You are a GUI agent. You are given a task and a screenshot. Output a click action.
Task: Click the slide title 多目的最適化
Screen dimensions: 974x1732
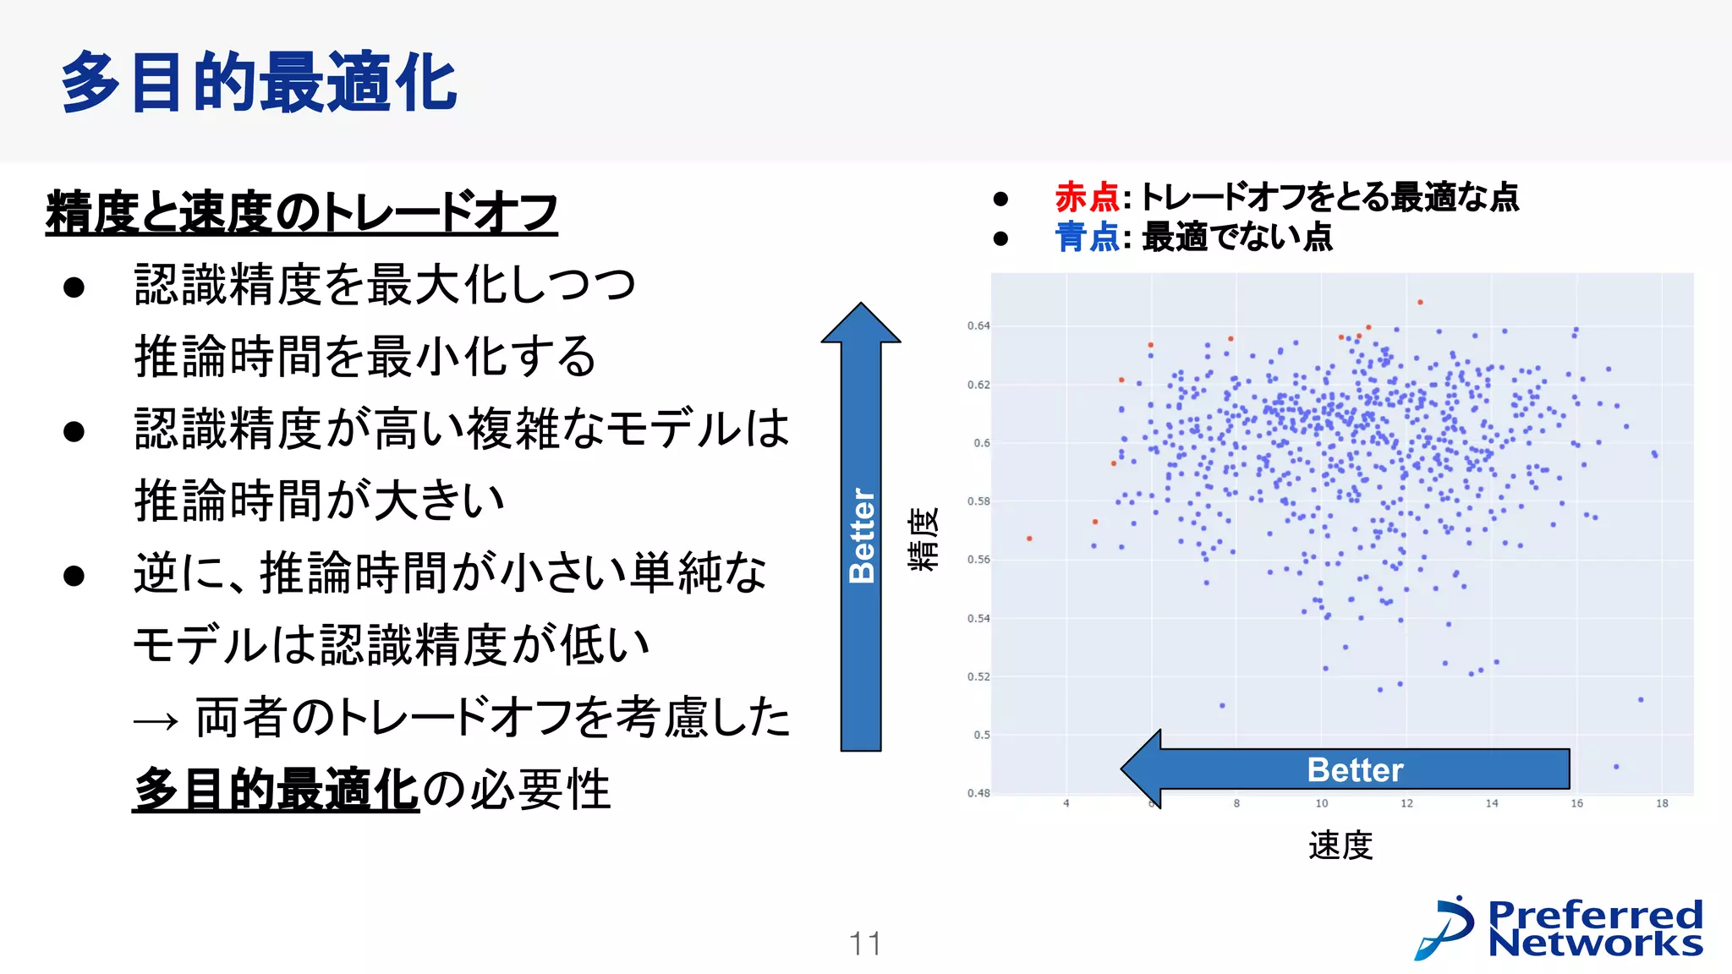coord(259,82)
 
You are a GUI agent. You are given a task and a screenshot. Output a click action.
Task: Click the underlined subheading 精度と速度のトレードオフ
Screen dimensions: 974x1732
coord(301,211)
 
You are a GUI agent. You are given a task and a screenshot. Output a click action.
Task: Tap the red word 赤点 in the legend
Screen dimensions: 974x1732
coord(1087,197)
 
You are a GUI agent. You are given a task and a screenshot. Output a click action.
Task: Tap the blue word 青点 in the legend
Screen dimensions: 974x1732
coord(1087,238)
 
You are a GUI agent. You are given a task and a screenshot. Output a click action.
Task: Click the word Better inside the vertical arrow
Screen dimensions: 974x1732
coord(861,536)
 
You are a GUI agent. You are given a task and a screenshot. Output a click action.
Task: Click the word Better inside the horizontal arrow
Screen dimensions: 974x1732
coord(1355,769)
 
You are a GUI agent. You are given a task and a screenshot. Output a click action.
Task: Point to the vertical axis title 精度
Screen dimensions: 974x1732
coord(923,539)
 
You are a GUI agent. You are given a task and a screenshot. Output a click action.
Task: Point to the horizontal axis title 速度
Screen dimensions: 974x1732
coord(1340,845)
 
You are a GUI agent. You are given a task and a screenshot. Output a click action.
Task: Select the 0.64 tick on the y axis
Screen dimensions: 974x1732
coord(978,326)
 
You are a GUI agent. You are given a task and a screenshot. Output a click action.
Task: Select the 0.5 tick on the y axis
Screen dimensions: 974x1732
coord(981,735)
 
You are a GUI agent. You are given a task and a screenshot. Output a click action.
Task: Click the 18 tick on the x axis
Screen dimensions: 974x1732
coord(1662,803)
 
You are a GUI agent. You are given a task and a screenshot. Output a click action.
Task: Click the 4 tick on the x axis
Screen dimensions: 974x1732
coord(1066,803)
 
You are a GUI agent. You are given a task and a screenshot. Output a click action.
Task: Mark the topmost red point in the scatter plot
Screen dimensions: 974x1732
coord(1420,302)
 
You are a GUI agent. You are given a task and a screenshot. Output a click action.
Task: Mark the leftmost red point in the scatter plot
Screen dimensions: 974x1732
coord(1029,539)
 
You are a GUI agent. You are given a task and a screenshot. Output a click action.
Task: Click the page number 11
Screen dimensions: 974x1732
coord(864,944)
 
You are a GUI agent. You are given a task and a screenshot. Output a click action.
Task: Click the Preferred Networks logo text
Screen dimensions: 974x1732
coord(1594,928)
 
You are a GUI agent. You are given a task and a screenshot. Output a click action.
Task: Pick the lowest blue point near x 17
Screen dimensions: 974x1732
coord(1616,767)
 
